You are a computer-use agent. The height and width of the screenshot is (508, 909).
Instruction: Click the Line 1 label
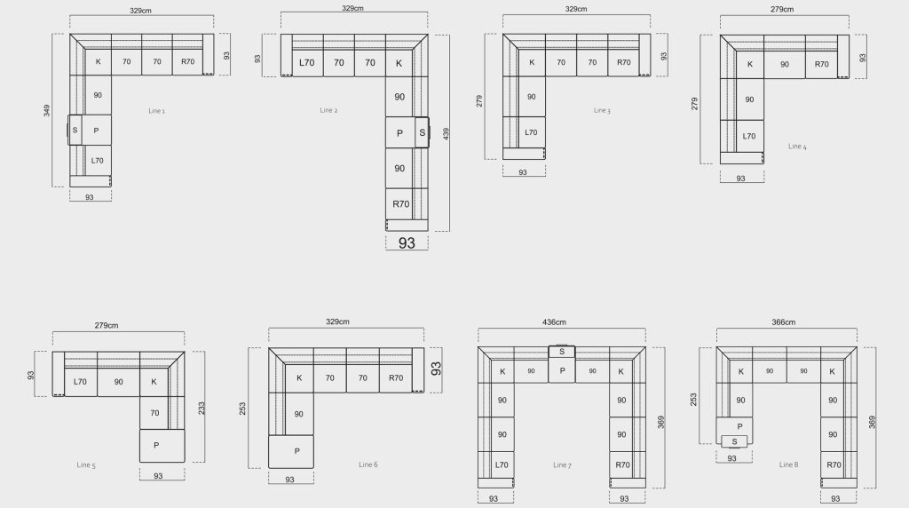coord(156,111)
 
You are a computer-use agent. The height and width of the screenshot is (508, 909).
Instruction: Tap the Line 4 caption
coord(797,147)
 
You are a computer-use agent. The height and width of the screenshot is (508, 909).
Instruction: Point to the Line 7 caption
coord(562,464)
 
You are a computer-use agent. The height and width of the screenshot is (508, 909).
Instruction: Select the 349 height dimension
coord(47,110)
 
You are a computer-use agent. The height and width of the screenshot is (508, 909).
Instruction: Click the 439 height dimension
coord(446,133)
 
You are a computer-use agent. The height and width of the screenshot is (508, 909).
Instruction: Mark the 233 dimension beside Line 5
coord(202,409)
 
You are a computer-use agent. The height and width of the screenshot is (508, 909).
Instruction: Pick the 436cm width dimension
coord(554,321)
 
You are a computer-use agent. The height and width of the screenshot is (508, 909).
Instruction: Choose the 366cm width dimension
coord(783,321)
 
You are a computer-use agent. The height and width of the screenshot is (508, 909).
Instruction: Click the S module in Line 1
coord(75,130)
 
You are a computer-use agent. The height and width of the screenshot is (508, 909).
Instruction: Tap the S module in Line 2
coord(422,132)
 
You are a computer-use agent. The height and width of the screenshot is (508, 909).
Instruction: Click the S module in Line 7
coord(562,352)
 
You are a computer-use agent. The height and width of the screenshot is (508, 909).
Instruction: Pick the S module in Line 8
coord(734,441)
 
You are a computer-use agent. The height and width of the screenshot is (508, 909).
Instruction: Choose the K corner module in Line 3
coord(532,62)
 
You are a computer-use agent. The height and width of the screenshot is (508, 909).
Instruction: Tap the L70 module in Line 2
coord(307,63)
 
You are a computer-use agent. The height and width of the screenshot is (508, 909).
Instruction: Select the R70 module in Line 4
coord(821,64)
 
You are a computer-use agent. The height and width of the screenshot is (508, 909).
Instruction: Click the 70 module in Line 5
coord(154,413)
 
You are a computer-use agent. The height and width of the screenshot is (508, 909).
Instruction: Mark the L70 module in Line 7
coord(502,464)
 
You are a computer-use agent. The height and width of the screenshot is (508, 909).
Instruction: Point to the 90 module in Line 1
coord(98,95)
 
